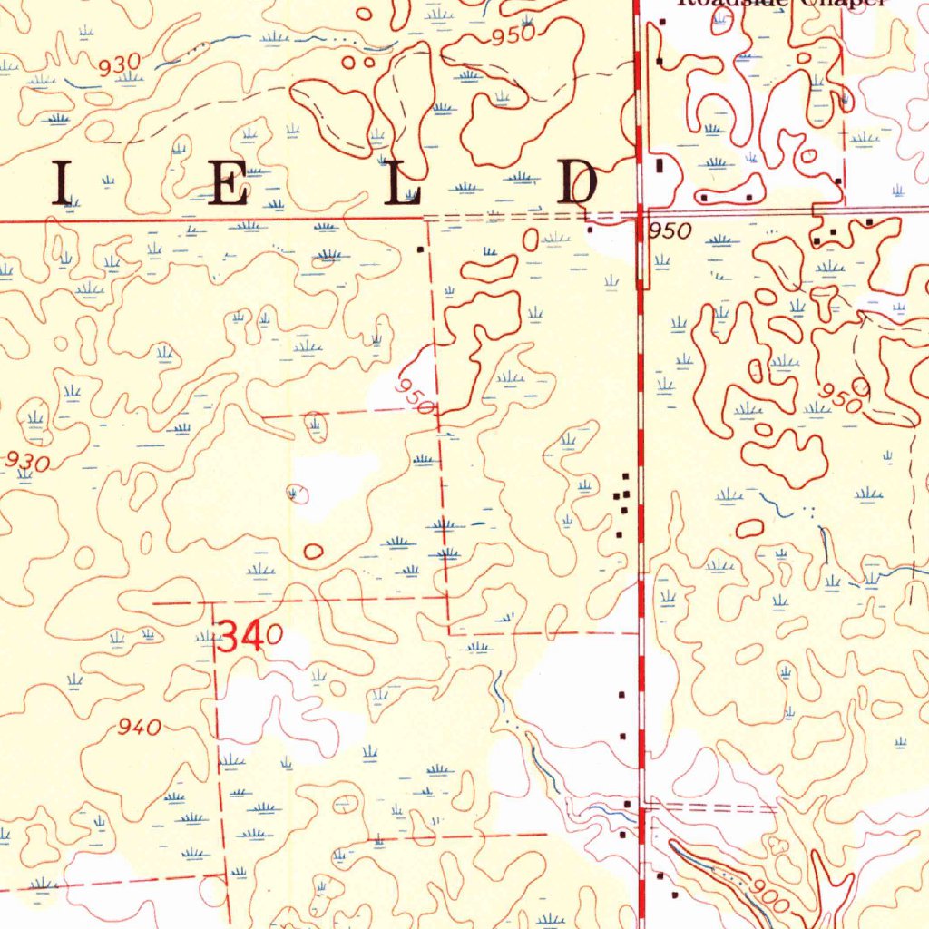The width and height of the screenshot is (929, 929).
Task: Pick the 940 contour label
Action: (x=140, y=727)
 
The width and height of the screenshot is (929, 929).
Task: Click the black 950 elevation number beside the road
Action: (x=670, y=231)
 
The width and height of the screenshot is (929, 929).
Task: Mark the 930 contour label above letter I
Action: (x=120, y=64)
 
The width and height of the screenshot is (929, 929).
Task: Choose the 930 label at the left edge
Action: (x=26, y=461)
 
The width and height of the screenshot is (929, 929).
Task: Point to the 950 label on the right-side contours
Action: (x=840, y=396)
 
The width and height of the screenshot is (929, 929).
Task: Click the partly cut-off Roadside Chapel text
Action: (x=780, y=4)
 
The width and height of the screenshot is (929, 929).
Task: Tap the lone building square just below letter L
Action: (x=419, y=248)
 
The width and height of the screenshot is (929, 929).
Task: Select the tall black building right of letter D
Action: (x=660, y=166)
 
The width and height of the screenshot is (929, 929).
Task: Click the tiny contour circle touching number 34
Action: (x=273, y=633)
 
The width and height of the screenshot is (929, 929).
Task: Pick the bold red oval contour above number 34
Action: (x=314, y=550)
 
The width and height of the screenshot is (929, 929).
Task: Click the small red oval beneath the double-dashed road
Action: (x=530, y=240)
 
